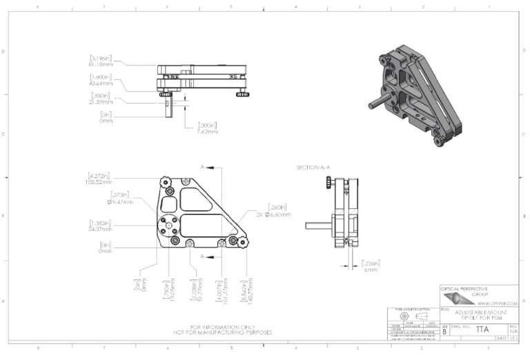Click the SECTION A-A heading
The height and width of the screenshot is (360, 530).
click(x=312, y=168)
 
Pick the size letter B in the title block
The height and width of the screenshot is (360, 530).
click(x=444, y=331)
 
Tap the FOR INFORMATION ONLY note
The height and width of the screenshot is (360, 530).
click(x=224, y=327)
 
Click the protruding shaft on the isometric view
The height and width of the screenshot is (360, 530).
click(x=375, y=101)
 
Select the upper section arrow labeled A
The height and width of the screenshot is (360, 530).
click(x=208, y=168)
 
